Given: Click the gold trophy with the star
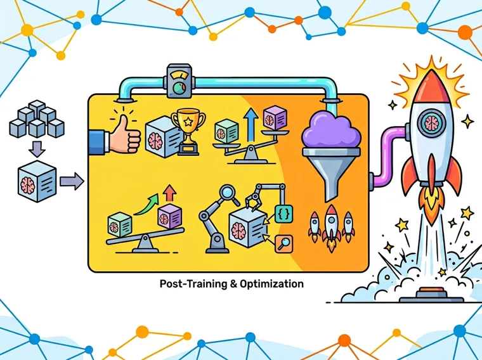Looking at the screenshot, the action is pyautogui.click(x=188, y=131).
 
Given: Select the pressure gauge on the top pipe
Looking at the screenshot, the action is pyautogui.click(x=179, y=81).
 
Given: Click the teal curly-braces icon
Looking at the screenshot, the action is pyautogui.click(x=283, y=214).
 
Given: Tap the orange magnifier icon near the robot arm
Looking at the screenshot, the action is pyautogui.click(x=283, y=244).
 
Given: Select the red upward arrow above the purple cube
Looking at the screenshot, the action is pyautogui.click(x=169, y=193).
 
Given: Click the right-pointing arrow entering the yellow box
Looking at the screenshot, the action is pyautogui.click(x=72, y=181).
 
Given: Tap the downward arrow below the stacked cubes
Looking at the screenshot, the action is pyautogui.click(x=37, y=149).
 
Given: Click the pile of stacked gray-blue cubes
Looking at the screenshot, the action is pyautogui.click(x=37, y=119).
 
